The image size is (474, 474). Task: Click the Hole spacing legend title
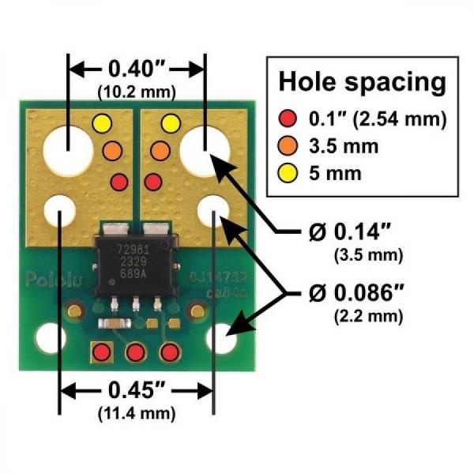(x=361, y=81)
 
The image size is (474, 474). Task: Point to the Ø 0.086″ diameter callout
(x=352, y=295)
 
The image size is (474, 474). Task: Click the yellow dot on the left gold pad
(x=102, y=123)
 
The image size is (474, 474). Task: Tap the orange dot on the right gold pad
(x=160, y=149)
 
